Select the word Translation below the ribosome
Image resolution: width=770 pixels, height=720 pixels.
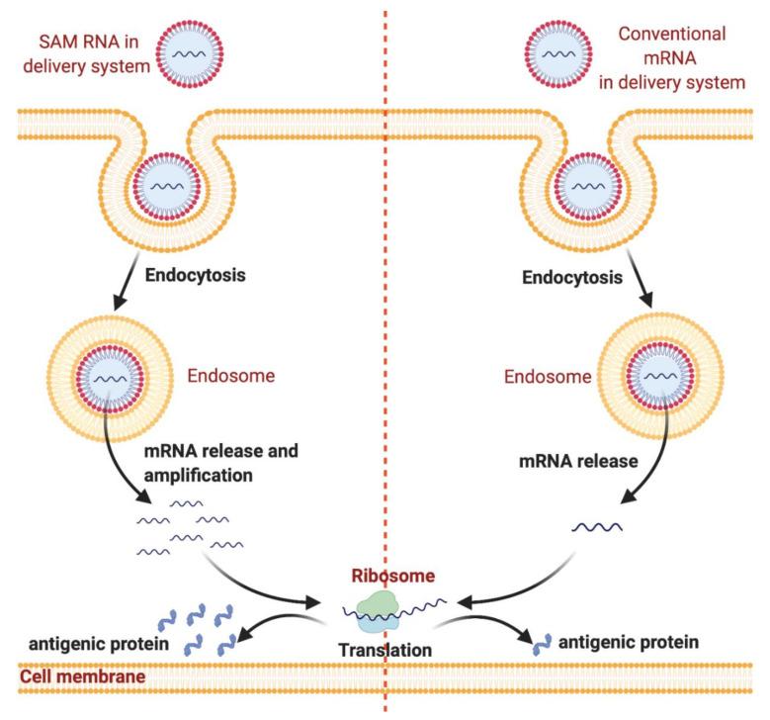coord(385,651)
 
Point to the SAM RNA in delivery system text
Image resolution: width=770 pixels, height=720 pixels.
coord(85,51)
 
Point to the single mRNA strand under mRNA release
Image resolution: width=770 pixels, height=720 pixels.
coord(598,528)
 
